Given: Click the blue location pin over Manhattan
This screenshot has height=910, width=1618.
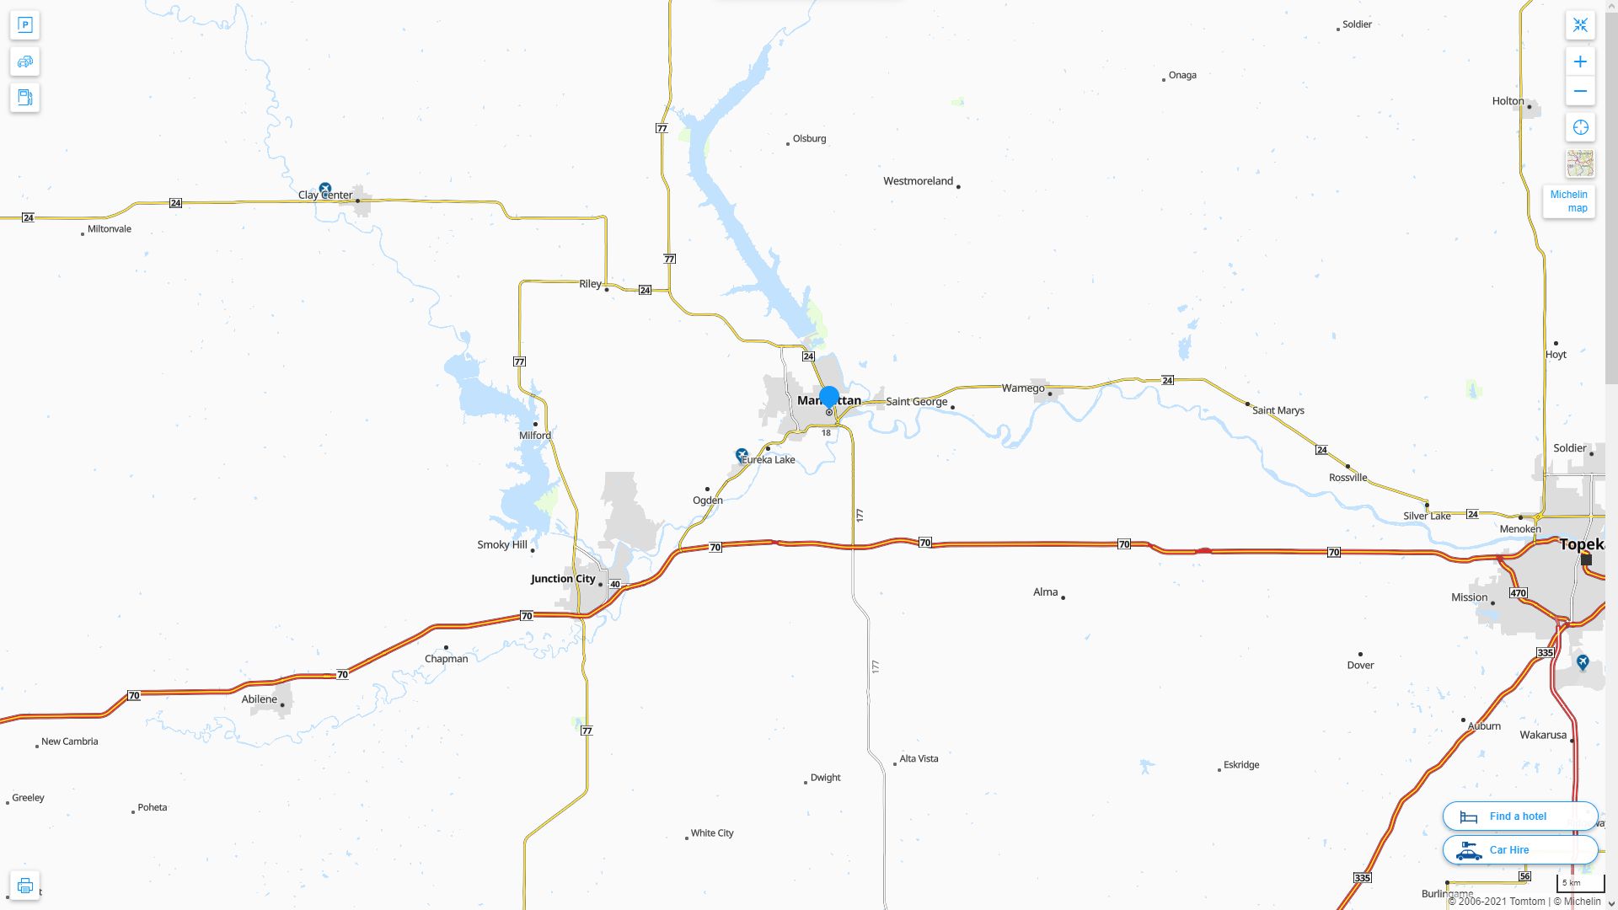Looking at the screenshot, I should point(829,397).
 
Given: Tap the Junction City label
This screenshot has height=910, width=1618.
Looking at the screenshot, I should point(563,579).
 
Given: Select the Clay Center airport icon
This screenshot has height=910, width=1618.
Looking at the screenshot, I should point(325,189).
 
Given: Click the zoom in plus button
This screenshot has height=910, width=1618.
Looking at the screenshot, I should point(1580,62).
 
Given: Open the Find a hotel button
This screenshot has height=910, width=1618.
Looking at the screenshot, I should point(1519,816).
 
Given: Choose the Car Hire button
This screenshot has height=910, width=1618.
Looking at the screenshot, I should point(1519,850).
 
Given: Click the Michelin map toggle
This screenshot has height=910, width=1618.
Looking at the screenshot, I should point(1568,201).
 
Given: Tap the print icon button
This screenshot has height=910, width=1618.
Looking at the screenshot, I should point(24,886).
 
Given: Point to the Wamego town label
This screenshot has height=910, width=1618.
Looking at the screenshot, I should point(1023,388).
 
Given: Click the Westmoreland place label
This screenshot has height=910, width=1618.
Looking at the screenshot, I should point(918,181).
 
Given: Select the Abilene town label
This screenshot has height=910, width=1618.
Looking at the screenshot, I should point(259,699).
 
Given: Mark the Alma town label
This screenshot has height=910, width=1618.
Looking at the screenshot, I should point(1045,592).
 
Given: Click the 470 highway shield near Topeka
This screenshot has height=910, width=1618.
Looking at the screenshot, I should point(1518,593).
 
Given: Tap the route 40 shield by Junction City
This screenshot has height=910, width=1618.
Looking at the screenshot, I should point(615,585).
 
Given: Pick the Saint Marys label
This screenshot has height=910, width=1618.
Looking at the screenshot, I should point(1278,411).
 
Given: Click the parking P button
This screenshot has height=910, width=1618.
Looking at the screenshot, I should point(24,25).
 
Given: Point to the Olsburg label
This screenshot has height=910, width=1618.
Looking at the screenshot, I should point(809,139).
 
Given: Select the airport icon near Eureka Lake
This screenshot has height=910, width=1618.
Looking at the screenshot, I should point(742,455).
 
